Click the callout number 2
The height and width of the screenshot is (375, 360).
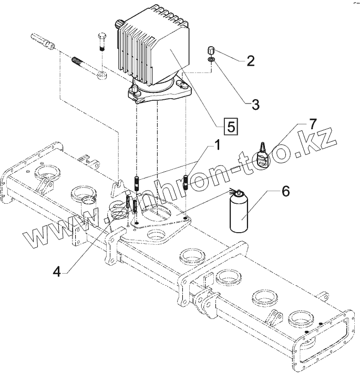250,61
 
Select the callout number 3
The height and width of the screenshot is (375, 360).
255,104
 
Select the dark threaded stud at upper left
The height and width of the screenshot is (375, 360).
78,61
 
